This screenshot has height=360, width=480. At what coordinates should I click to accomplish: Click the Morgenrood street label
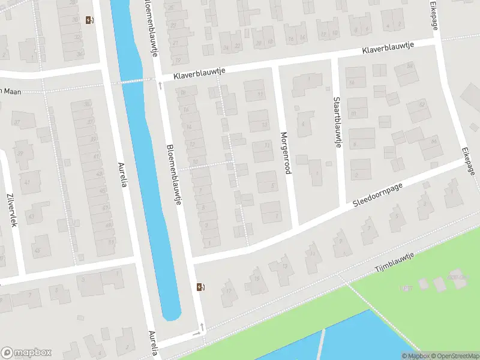click(286, 153)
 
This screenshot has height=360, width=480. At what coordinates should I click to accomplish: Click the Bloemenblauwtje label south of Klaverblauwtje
click(174, 175)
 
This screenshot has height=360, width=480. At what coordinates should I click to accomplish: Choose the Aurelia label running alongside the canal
click(123, 176)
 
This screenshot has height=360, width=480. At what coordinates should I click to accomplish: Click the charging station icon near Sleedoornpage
click(200, 287)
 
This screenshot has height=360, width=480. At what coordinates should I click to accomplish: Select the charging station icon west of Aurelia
click(89, 20)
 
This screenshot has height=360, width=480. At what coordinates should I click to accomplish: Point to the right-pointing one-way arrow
click(196, 334)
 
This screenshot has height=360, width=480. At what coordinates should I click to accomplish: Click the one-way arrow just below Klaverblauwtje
click(160, 85)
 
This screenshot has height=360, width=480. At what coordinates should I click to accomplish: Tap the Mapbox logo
click(26, 353)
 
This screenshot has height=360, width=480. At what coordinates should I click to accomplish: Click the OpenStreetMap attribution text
click(452, 356)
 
